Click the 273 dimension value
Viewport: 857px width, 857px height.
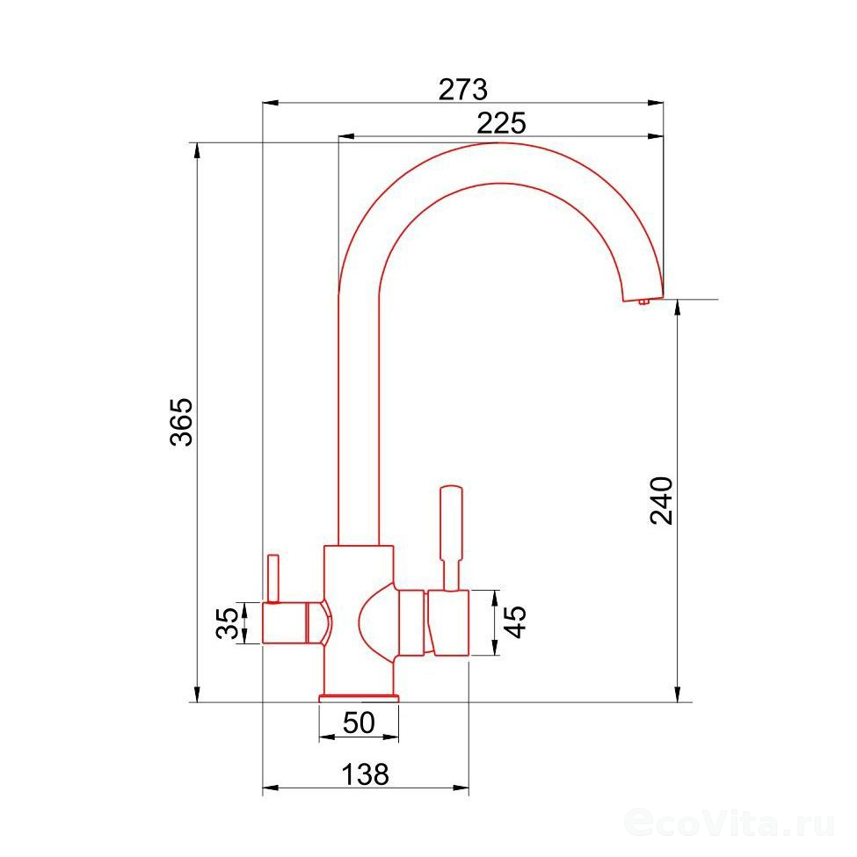coord(462,90)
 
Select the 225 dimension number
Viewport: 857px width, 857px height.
coord(501,123)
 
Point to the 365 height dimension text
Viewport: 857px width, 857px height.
coord(181,423)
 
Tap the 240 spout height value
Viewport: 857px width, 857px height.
coord(661,501)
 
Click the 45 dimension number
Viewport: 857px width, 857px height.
coord(515,622)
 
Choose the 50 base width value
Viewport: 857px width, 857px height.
coord(360,723)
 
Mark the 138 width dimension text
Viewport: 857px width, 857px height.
coord(365,773)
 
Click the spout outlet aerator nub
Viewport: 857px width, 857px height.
coord(643,301)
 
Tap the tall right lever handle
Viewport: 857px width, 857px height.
coord(452,538)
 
